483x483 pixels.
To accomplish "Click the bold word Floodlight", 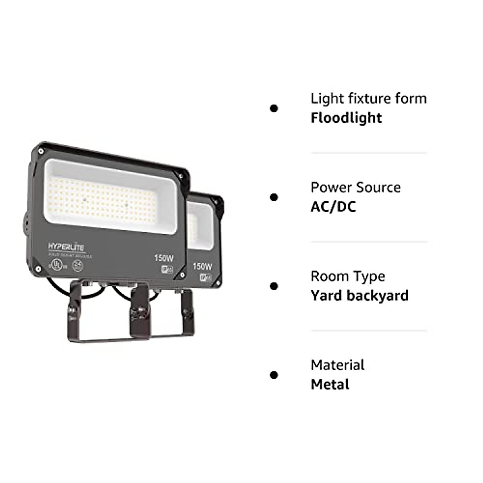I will click(x=346, y=118).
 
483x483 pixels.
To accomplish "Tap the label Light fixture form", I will click(x=368, y=99).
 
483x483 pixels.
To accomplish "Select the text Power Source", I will click(x=355, y=188).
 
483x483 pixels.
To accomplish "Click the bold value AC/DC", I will click(x=333, y=207).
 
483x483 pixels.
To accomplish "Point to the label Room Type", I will click(x=348, y=277).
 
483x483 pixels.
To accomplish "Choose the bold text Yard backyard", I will click(x=359, y=296).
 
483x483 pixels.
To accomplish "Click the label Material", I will click(x=337, y=365).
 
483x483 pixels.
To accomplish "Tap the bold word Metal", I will click(x=330, y=385).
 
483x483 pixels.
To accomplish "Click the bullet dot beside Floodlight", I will click(x=274, y=108).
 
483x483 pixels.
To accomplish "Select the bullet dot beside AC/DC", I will click(x=274, y=197).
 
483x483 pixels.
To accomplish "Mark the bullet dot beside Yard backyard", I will click(x=274, y=286).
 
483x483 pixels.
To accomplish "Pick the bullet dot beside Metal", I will click(x=274, y=375).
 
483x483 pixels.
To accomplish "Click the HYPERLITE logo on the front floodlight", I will click(x=66, y=246).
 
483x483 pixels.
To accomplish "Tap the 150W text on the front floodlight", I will click(x=164, y=258).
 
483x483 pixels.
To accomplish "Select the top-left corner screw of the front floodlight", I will click(x=41, y=151).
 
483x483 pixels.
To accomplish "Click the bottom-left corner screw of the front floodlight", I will click(x=38, y=269).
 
